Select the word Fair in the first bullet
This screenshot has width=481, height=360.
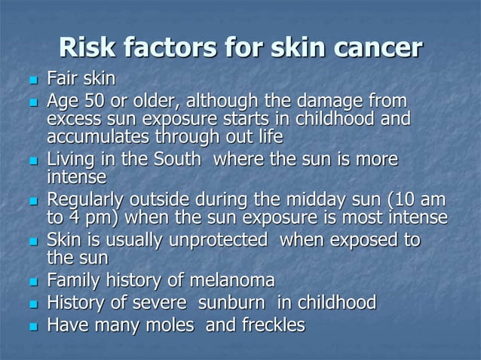tap(63, 78)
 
